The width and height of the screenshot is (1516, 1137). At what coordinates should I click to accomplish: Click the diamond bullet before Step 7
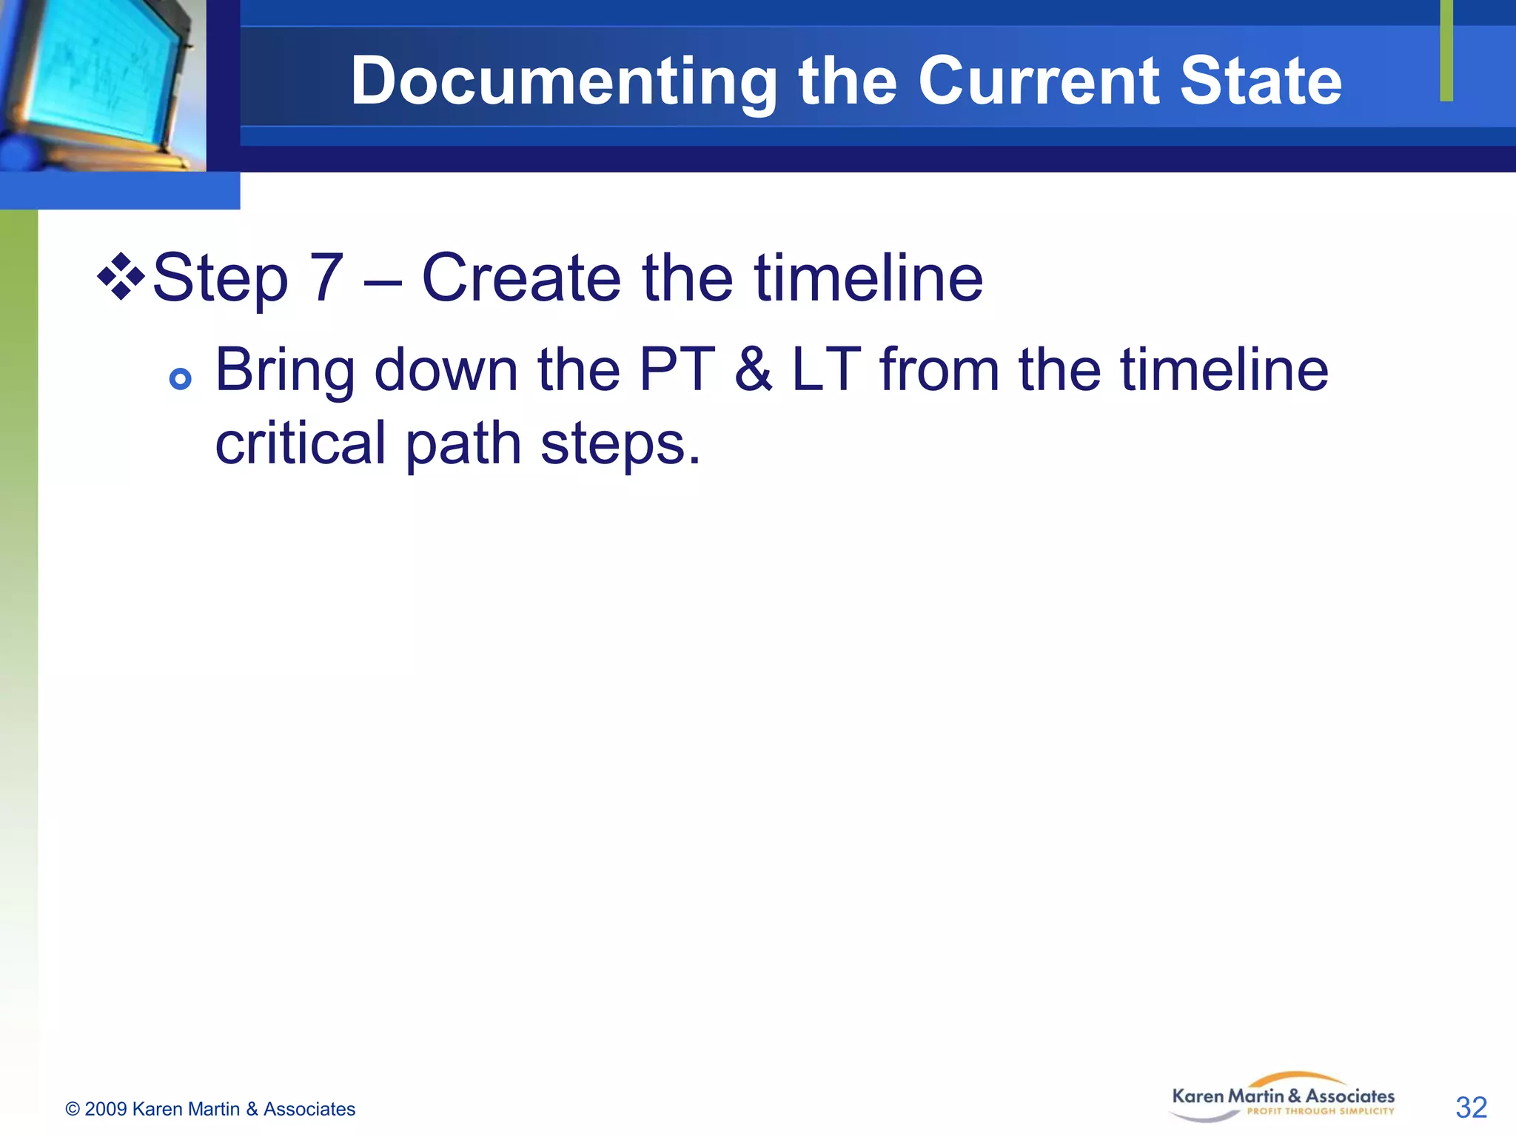tap(121, 277)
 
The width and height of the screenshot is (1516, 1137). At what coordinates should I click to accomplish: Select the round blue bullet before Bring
tap(180, 379)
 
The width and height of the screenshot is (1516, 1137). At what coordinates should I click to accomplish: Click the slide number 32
tap(1471, 1108)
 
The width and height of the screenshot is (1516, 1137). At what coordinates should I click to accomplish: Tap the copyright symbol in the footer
tap(72, 1109)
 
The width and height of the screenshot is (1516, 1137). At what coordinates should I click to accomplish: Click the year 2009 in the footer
tap(105, 1109)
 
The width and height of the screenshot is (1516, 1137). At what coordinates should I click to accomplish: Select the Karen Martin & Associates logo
tap(1283, 1097)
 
